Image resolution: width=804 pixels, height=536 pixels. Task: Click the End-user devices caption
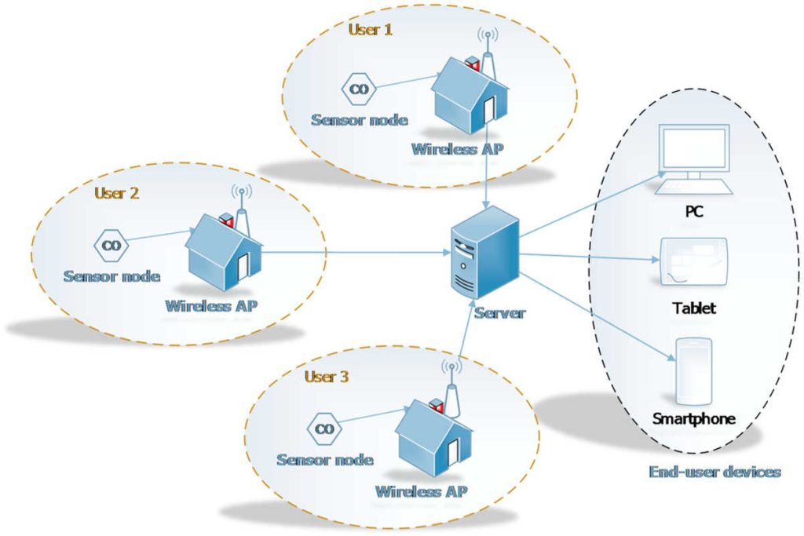tap(714, 472)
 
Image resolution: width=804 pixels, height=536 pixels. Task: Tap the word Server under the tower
tap(499, 313)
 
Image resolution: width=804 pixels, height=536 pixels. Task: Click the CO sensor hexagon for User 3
tap(323, 428)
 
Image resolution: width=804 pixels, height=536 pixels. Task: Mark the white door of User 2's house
tap(243, 264)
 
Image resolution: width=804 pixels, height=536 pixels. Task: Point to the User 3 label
tap(326, 376)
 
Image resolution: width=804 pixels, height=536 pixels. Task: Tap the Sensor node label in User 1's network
tap(360, 120)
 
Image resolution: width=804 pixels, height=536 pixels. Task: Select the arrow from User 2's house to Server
tap(353, 253)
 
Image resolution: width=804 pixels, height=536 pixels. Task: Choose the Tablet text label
tap(694, 308)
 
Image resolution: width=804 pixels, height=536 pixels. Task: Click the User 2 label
tap(116, 193)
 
